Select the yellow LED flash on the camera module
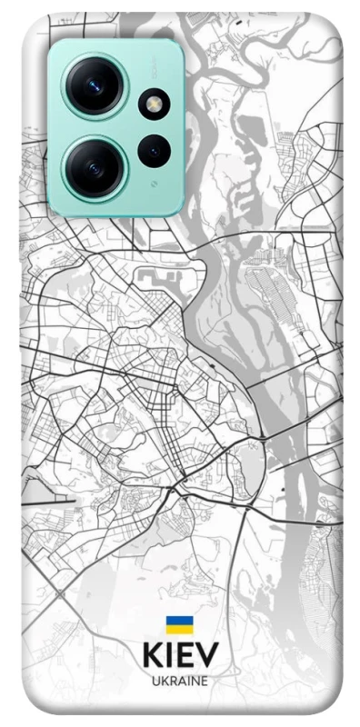pyautogui.click(x=155, y=105)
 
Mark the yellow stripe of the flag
pyautogui.click(x=179, y=629)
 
